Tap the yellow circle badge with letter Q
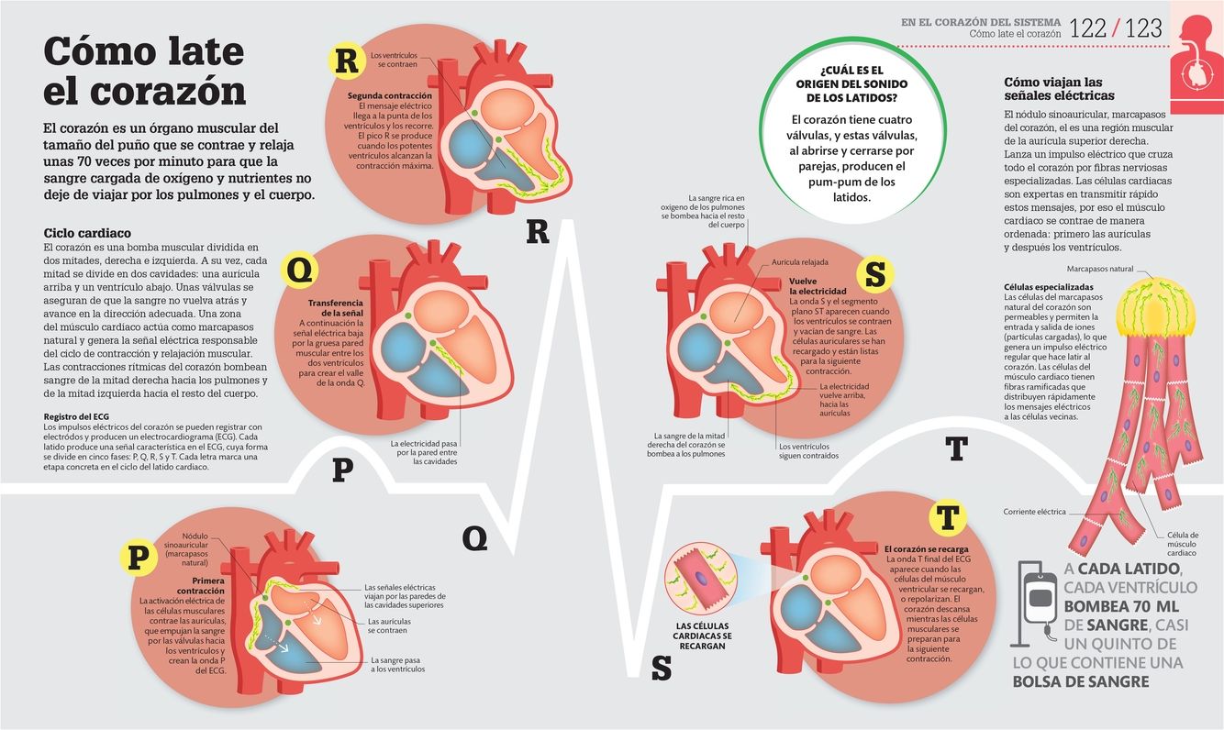pos(305,270)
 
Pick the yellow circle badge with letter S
pos(875,272)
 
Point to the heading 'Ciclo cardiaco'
pos(87,233)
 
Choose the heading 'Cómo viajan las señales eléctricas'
pos(1059,88)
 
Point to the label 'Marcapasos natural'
pos(1099,270)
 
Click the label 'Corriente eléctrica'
pos(1034,512)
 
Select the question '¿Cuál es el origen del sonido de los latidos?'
pos(851,83)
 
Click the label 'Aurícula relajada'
pos(800,262)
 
